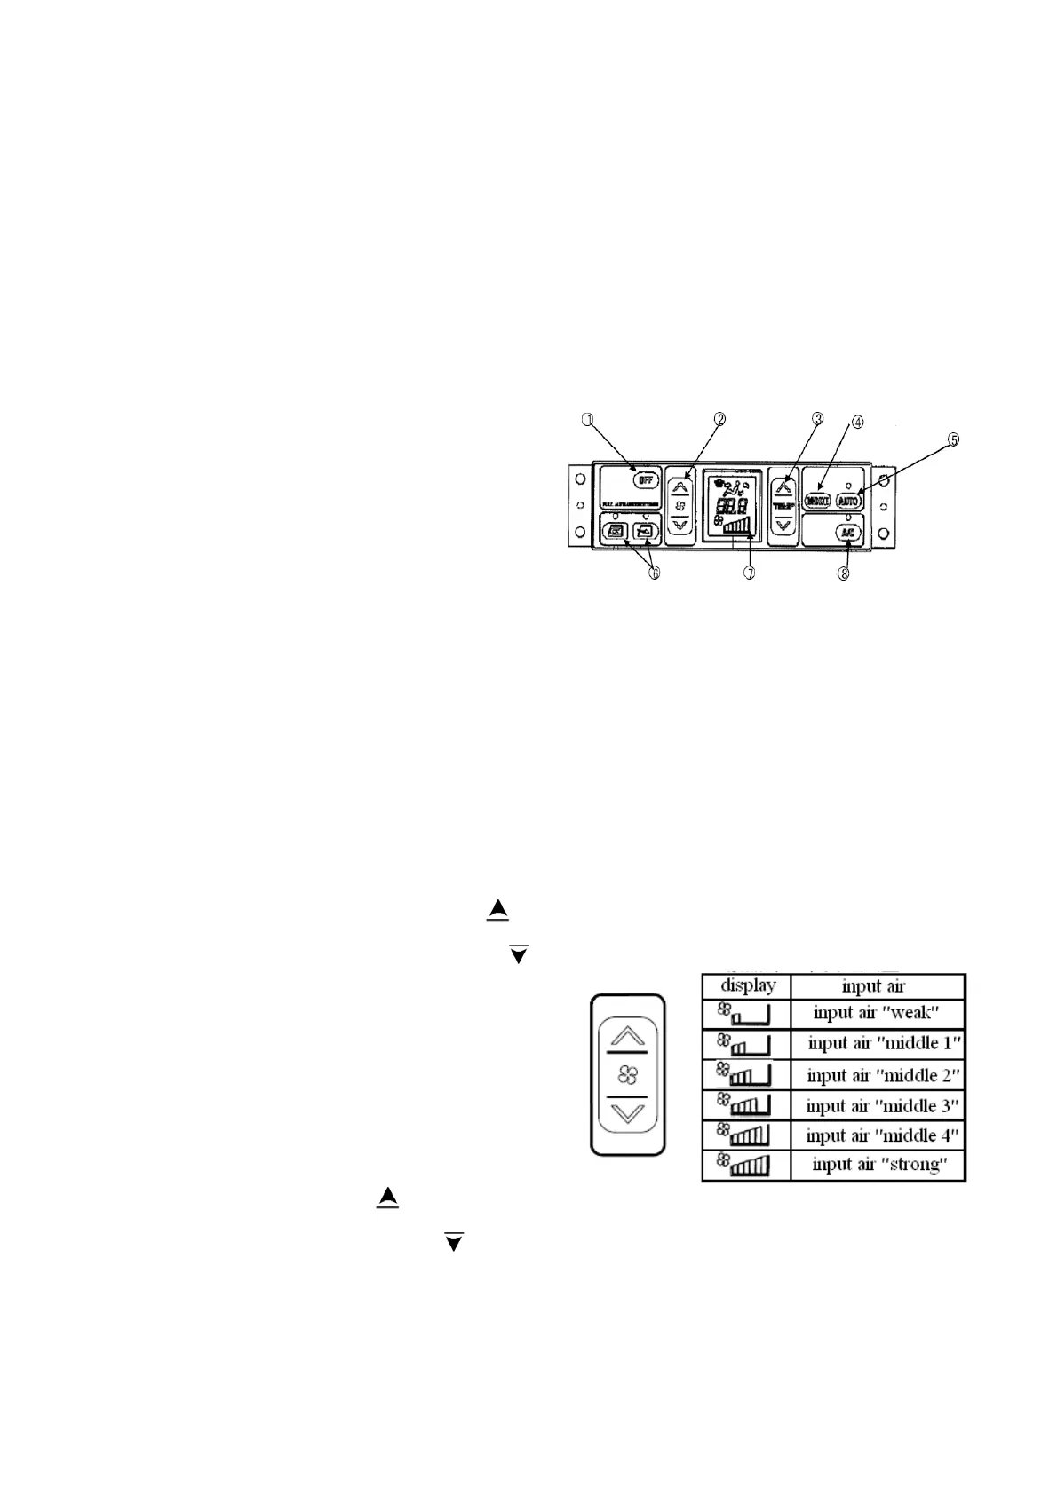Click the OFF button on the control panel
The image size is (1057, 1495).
click(641, 479)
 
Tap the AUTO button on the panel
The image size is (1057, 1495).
click(849, 500)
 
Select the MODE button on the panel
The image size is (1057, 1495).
click(817, 500)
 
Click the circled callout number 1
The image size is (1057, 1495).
click(586, 420)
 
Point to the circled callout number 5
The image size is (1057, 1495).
click(952, 440)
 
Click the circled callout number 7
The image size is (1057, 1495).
click(750, 573)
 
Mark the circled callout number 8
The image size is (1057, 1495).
click(844, 573)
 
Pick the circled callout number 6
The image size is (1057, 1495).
click(654, 573)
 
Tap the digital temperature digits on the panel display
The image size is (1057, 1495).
click(730, 505)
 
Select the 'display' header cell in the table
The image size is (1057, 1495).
click(747, 985)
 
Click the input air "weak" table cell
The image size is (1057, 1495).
click(877, 1013)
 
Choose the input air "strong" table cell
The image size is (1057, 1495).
click(877, 1165)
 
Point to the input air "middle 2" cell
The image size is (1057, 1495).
click(882, 1075)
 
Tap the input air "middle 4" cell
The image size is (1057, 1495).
click(882, 1135)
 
